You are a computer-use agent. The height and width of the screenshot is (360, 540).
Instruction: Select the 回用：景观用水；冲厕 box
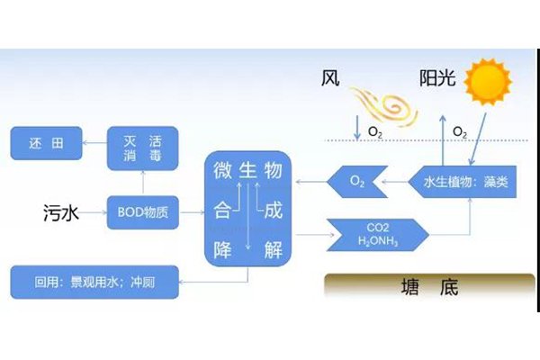coord(94,281)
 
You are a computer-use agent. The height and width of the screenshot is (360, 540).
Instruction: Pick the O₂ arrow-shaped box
coord(355,183)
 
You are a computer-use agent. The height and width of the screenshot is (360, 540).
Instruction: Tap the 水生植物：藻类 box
coord(465,183)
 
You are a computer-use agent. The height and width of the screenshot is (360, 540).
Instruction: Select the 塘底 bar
coord(428,287)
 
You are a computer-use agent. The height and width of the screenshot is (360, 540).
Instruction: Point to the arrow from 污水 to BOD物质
coord(94,214)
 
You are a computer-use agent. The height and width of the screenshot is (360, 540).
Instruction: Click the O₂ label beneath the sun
coord(460,132)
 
